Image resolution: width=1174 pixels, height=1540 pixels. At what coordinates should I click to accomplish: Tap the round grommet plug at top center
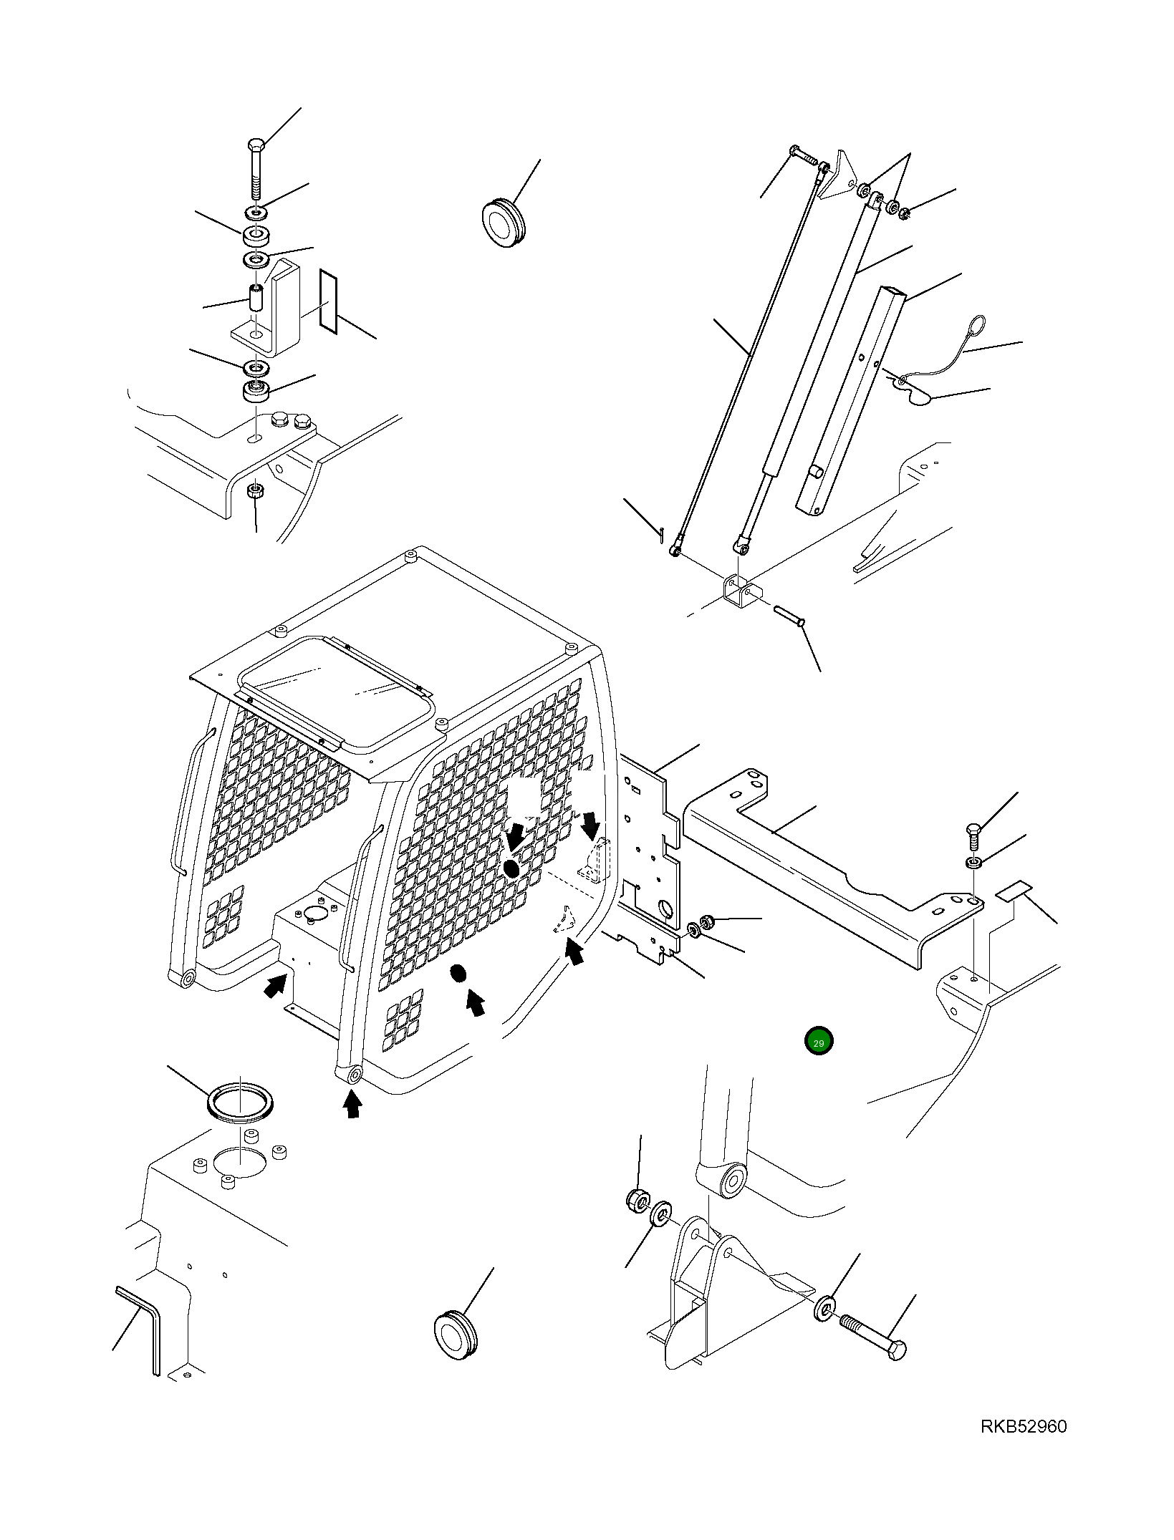coord(505,220)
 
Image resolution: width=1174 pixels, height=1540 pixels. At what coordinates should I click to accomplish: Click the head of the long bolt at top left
coord(257,145)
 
